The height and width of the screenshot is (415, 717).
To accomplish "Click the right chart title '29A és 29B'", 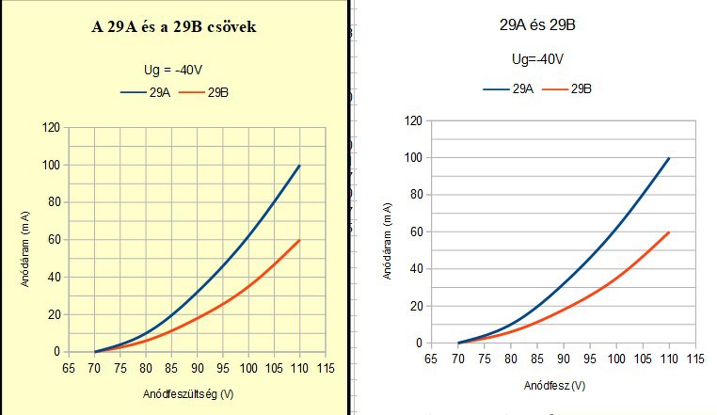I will [537, 25].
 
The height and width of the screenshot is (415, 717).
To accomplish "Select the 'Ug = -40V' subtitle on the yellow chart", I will [173, 68].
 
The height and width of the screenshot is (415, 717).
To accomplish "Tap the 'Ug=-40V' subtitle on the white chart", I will [538, 58].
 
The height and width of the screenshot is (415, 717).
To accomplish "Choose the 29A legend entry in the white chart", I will [509, 88].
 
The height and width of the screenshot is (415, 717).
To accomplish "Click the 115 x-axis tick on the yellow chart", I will [325, 367].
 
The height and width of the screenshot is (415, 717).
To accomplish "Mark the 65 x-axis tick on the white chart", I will [432, 359].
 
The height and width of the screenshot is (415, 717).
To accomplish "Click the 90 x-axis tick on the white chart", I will [563, 359].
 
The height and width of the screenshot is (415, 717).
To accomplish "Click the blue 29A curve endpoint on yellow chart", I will [300, 166].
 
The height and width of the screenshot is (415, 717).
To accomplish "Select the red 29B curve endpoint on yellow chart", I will [300, 240].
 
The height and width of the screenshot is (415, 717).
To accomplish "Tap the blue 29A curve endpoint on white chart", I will [669, 158].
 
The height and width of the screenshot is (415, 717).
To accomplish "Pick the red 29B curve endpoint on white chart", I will [669, 231].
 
